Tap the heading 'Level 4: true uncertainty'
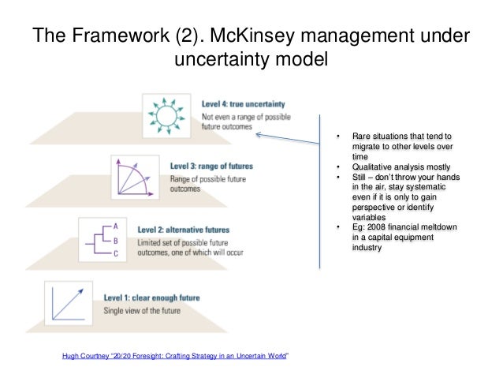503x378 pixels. pos(243,103)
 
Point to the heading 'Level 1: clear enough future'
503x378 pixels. pos(151,298)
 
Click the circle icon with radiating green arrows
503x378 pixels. pos(167,115)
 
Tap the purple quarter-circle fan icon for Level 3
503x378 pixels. pos(135,176)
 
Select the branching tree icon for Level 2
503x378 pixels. pos(102,238)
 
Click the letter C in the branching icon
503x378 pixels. pos(115,253)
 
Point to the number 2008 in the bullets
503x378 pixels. pos(374,228)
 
